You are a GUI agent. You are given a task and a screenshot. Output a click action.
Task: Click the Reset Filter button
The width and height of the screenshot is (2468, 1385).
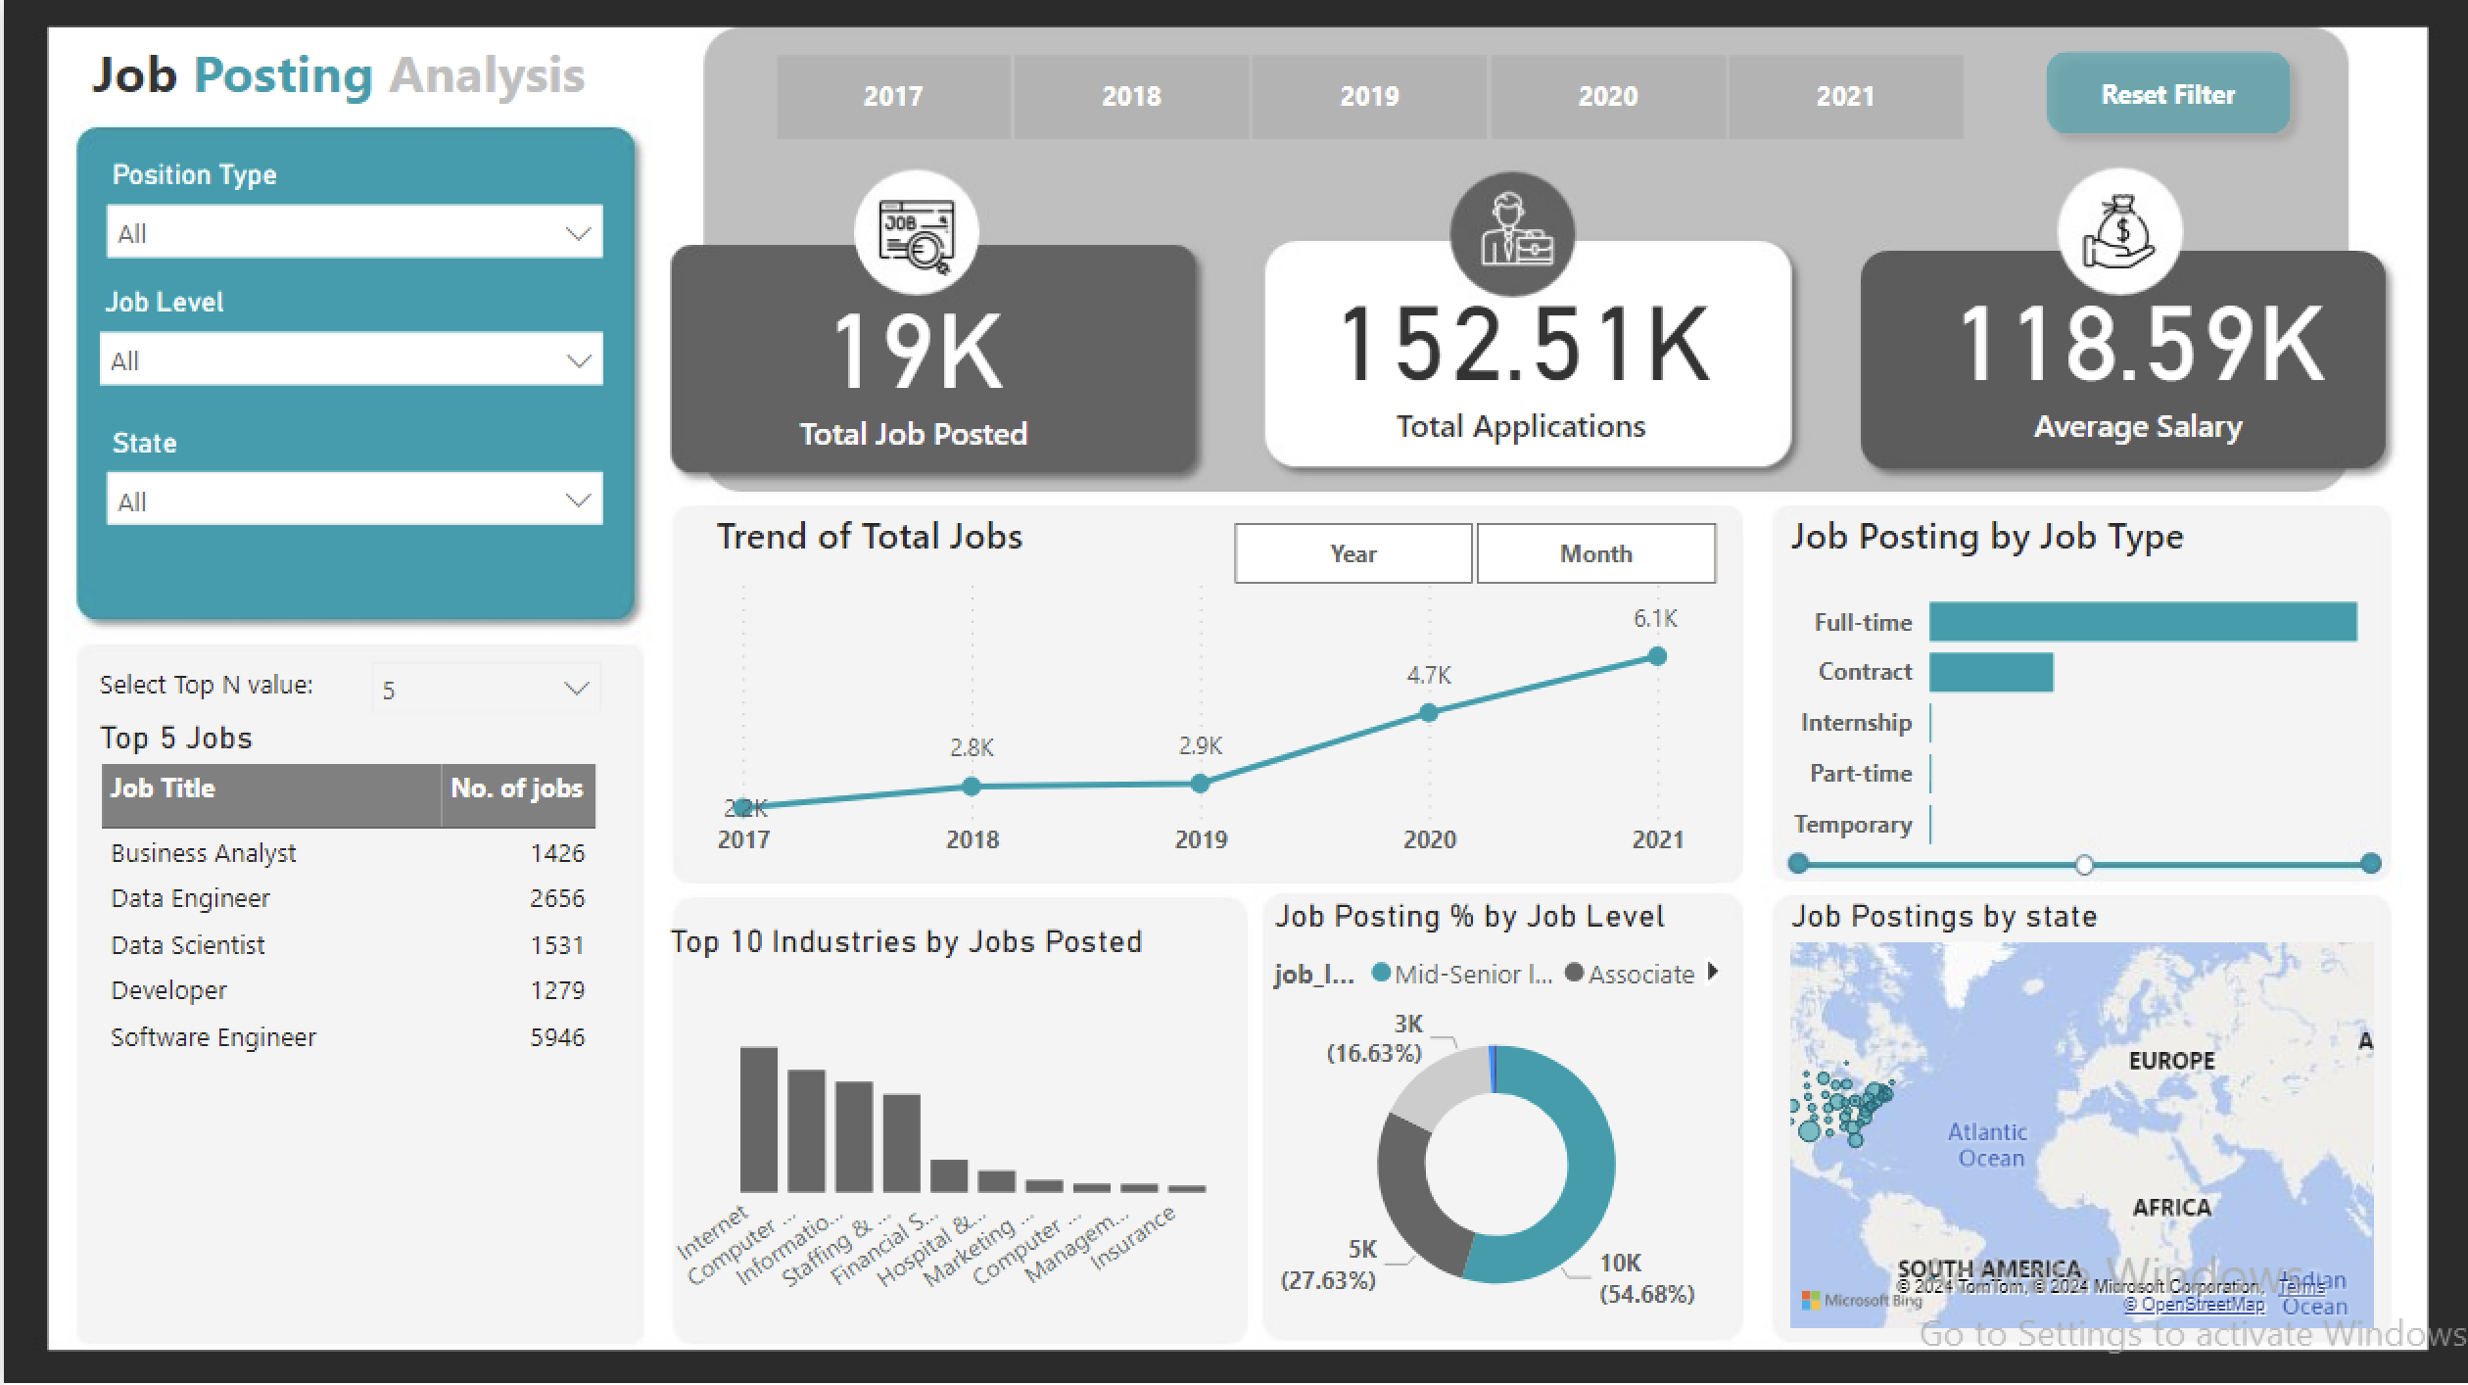tap(2167, 94)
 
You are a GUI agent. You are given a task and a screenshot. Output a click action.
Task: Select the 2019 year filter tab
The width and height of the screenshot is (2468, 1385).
tap(1369, 96)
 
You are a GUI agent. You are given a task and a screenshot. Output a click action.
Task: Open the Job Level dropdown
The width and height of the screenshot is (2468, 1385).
tap(352, 359)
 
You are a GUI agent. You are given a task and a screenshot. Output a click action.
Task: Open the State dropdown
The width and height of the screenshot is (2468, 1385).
tap(354, 500)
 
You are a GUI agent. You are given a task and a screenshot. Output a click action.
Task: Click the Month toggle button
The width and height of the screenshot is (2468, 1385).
tap(1595, 553)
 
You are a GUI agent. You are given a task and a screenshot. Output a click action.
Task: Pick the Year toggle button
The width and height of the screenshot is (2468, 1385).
tap(1353, 553)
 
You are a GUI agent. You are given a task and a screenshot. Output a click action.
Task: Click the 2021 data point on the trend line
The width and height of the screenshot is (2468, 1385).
tap(1657, 656)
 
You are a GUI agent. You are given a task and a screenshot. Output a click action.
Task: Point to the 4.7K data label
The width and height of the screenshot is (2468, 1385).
tap(1429, 675)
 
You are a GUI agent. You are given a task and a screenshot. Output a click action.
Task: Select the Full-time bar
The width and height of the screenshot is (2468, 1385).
tap(2142, 622)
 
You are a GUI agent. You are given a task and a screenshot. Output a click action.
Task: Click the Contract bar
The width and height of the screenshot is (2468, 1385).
tap(1990, 673)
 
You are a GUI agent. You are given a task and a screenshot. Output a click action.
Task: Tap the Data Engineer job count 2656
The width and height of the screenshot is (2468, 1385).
tap(556, 898)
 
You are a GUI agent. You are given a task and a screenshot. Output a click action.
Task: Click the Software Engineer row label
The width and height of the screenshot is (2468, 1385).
tap(214, 1037)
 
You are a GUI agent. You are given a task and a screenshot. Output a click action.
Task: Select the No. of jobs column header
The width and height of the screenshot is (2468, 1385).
tap(516, 788)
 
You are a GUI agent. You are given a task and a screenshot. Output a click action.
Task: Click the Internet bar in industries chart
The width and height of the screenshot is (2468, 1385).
tap(759, 1119)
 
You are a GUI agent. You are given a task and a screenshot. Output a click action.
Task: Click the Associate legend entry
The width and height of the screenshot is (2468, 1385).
tap(1639, 975)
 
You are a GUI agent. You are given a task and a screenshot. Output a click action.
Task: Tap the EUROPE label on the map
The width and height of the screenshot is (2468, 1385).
tap(2171, 1061)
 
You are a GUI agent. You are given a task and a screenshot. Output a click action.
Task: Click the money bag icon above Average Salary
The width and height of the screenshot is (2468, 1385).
tap(2119, 232)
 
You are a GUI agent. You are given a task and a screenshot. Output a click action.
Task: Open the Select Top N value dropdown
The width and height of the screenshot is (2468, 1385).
tap(486, 690)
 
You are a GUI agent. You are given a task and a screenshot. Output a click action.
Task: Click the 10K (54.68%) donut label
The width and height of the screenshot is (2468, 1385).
tap(1645, 1278)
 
